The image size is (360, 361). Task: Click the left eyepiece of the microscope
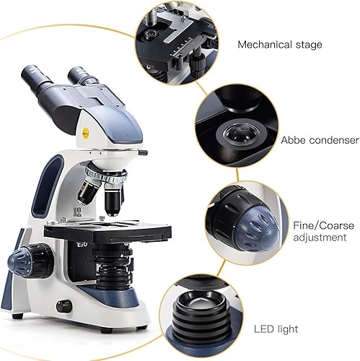[x=37, y=75]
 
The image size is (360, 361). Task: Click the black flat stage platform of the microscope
[x=108, y=231]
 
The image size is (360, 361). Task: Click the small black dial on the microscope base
[x=64, y=305]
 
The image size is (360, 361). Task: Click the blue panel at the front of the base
[x=113, y=296]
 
